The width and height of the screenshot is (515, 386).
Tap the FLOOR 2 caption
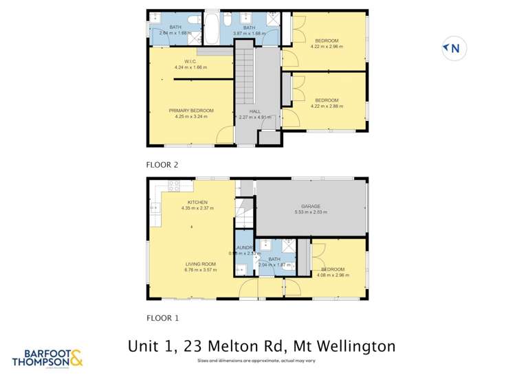pyautogui.click(x=162, y=165)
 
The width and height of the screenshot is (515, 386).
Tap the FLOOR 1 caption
pyautogui.click(x=162, y=318)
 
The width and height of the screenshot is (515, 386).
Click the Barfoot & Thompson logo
pyautogui.click(x=48, y=357)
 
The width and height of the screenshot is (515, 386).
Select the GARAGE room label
pyautogui.click(x=311, y=206)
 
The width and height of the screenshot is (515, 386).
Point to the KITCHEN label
pyautogui.click(x=197, y=203)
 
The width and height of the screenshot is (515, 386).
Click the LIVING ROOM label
pyautogui.click(x=200, y=264)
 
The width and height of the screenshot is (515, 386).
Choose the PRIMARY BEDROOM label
pyautogui.click(x=191, y=111)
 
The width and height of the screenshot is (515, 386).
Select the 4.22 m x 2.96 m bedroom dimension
pyautogui.click(x=327, y=47)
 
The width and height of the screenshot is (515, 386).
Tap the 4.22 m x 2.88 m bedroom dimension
pyautogui.click(x=327, y=106)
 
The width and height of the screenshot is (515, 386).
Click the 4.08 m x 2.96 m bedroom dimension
pyautogui.click(x=333, y=275)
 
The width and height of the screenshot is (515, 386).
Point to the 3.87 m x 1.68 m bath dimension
pyautogui.click(x=249, y=33)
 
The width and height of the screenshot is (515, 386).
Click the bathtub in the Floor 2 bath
pyautogui.click(x=211, y=28)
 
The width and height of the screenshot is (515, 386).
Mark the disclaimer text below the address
pyautogui.click(x=256, y=361)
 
